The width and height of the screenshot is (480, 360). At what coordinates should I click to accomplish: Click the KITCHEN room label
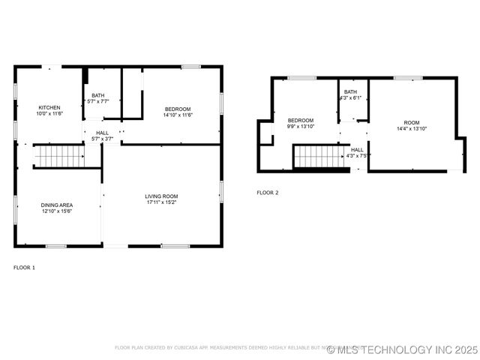49,107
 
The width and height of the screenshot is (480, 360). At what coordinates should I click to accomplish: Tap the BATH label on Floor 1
98,95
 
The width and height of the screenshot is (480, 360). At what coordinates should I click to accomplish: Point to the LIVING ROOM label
161,196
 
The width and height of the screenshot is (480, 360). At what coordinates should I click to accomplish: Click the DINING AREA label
56,204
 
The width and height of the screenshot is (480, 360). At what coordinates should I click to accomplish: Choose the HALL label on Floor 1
102,133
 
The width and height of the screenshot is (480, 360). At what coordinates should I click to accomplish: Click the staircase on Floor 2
318,156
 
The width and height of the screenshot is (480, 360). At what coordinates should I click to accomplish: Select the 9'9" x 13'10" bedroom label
301,120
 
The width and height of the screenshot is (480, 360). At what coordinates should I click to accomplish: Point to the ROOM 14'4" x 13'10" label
412,122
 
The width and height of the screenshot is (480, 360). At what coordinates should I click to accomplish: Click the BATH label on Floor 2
350,91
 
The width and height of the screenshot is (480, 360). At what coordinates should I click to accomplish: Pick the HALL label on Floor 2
357,149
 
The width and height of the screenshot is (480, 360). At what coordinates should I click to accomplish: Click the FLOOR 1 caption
24,267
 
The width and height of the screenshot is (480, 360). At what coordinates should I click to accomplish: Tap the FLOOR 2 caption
268,193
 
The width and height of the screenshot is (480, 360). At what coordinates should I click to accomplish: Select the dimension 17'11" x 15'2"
161,202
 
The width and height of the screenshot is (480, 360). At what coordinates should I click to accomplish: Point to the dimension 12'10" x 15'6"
56,210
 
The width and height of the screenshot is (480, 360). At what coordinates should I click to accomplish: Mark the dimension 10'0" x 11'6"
49,113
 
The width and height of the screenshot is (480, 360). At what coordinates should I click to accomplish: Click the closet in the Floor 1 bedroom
132,94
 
